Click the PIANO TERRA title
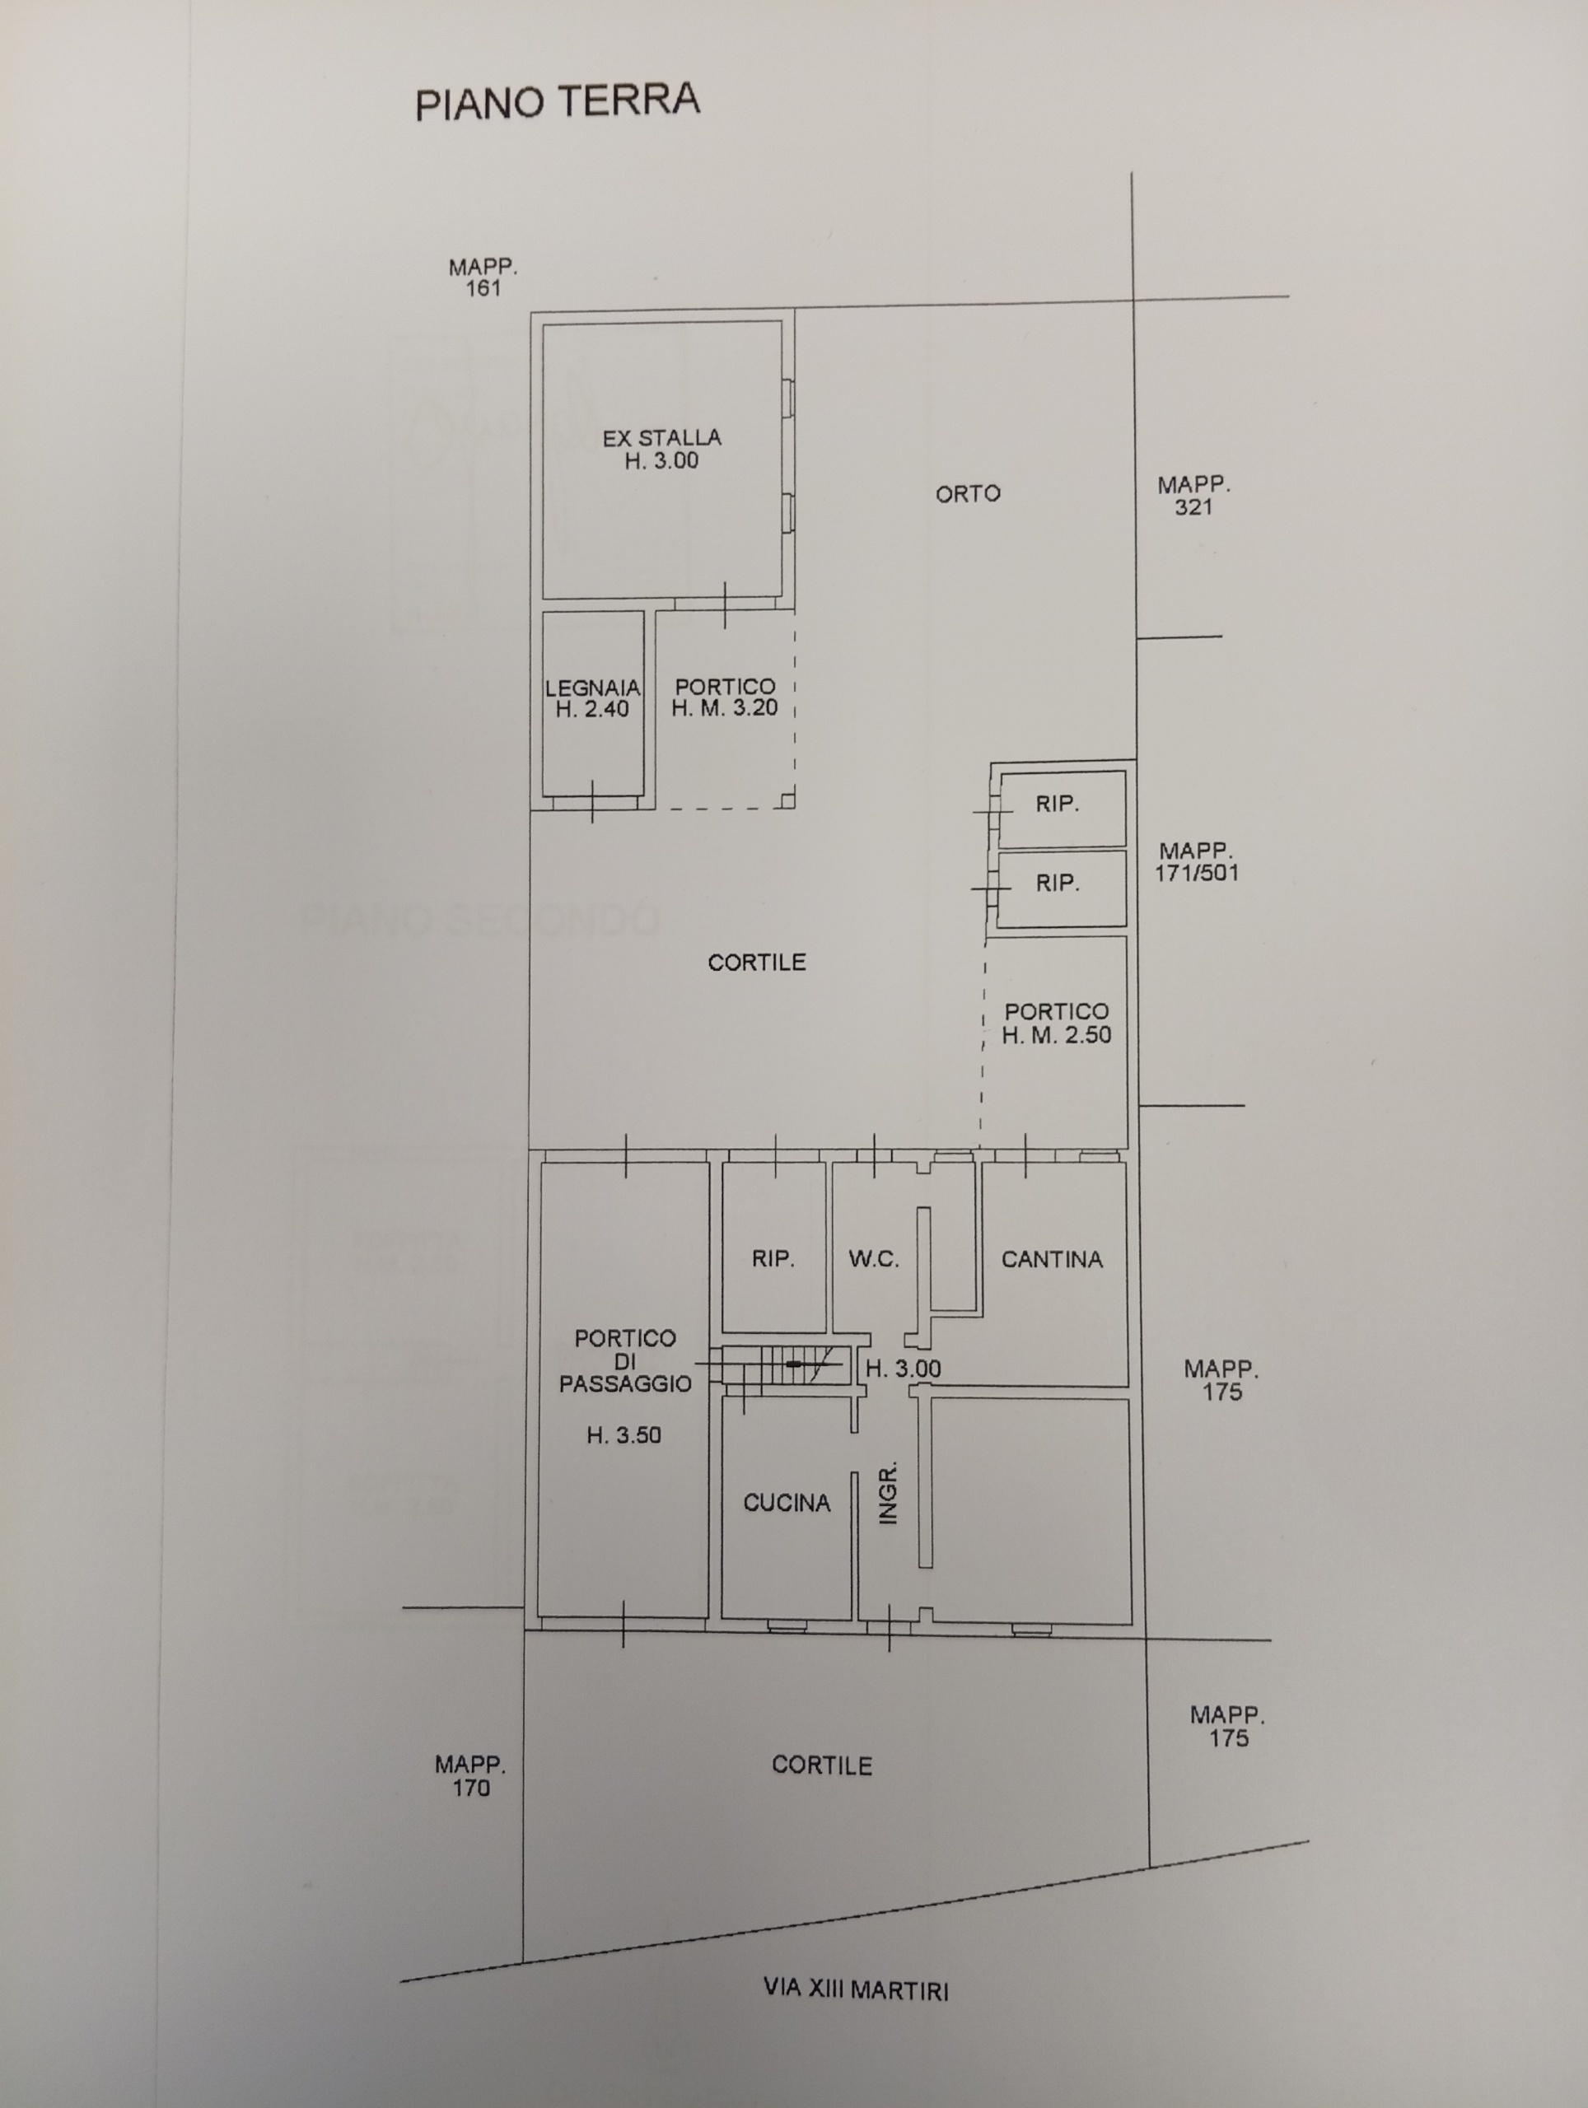pos(558,101)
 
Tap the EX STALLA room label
pos(661,438)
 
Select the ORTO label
pos(968,493)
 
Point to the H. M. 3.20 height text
pos(725,708)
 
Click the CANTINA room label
pos(1051,1259)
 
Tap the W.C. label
pos(873,1259)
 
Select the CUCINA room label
pos(787,1503)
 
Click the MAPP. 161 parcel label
pos(483,277)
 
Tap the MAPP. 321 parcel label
pos(1193,496)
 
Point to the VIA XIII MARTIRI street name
pos(856,1989)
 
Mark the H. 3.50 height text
pos(624,1435)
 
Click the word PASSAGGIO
pos(625,1383)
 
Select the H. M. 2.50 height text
pos(1056,1035)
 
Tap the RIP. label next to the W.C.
pos(773,1259)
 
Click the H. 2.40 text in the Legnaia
pos(592,709)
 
